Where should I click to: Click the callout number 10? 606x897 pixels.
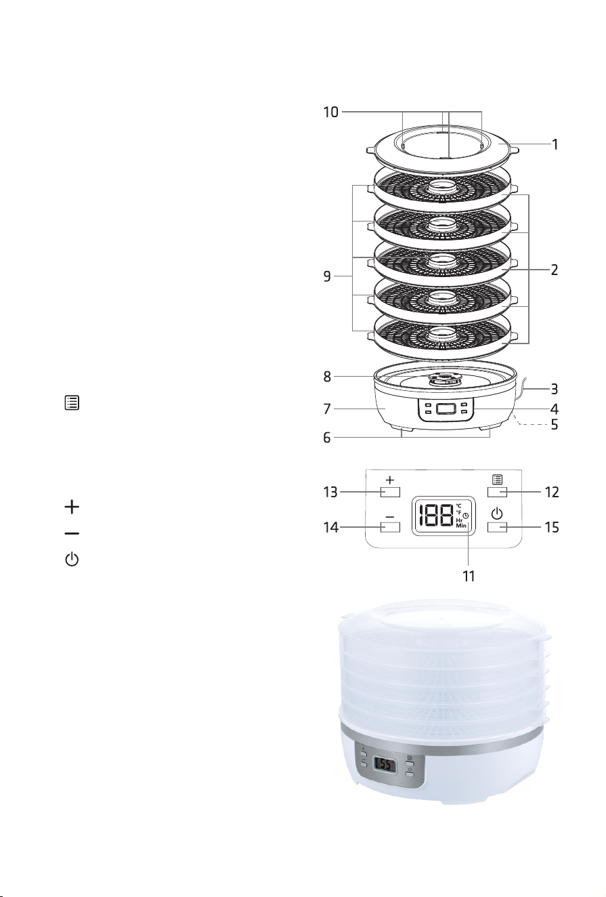[330, 112]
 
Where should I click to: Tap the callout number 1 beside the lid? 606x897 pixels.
[555, 144]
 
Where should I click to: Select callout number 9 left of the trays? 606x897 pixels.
[327, 276]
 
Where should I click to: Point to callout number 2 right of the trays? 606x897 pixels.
[555, 270]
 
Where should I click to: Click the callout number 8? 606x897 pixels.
[327, 377]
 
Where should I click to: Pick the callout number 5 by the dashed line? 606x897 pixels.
[555, 425]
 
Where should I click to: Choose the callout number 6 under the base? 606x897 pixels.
[327, 438]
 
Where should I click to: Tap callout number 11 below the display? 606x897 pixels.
[469, 577]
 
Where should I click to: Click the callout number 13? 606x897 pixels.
[330, 492]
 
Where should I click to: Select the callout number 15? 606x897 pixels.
[551, 527]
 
